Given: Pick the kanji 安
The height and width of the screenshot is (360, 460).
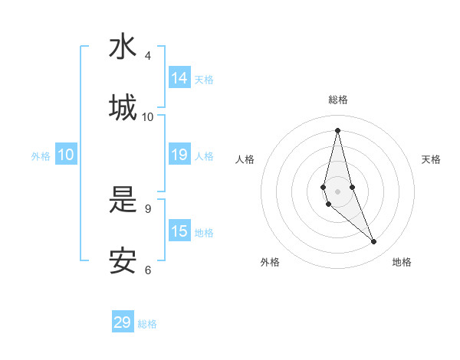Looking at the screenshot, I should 123,260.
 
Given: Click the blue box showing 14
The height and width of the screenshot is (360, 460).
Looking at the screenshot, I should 179,78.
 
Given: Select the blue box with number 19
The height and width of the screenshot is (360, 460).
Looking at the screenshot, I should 179,155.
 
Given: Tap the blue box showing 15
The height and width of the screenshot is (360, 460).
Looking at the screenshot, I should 179,231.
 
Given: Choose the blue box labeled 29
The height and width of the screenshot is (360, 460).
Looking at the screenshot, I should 123,322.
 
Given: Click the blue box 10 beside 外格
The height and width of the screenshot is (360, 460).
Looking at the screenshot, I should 66,155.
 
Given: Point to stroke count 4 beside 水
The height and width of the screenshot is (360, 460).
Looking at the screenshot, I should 148,56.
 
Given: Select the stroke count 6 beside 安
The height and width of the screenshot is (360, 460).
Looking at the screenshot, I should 148,270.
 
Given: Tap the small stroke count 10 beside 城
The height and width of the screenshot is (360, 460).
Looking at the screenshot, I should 148,117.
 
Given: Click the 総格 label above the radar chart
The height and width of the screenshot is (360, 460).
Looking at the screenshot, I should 338,100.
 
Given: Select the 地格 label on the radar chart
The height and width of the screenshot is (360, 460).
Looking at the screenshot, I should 402,263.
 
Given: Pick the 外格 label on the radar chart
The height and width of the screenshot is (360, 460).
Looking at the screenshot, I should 270,263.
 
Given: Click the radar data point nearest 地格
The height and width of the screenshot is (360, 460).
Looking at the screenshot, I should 374,242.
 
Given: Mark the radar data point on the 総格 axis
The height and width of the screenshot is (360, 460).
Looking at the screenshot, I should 337,130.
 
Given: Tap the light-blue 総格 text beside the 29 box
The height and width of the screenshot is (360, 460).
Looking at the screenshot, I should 148,324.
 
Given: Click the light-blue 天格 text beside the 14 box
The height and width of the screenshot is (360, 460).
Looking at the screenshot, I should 204,80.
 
